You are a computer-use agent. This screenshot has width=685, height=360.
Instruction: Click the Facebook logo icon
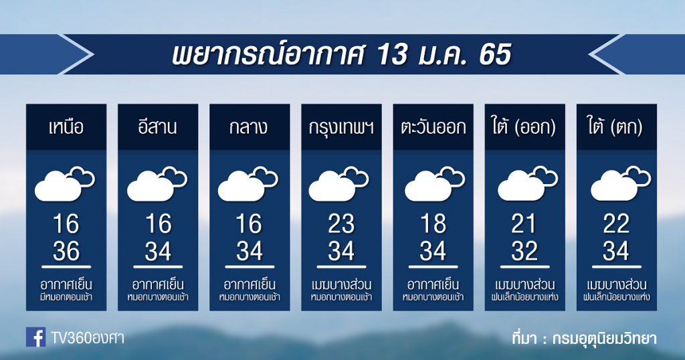35,337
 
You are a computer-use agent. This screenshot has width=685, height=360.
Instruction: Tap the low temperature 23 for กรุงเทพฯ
341,224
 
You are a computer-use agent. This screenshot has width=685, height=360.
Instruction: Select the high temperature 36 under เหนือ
66,252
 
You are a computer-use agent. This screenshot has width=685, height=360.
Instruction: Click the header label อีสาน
158,126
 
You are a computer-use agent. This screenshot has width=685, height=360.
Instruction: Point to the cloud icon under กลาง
248,184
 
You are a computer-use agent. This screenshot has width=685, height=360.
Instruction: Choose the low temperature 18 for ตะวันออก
433,224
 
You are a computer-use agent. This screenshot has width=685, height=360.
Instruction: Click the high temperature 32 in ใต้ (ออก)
524,252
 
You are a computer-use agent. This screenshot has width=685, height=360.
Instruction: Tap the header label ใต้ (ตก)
616,127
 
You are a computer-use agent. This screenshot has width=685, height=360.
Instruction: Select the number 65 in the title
494,55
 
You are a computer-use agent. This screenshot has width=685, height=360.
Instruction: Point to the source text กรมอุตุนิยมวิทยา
604,338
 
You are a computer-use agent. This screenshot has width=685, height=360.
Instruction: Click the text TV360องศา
88,338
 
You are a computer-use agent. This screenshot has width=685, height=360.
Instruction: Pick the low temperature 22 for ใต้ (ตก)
616,224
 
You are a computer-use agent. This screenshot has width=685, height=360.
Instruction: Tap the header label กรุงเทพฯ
341,127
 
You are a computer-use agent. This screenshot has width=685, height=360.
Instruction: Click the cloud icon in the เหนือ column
65,184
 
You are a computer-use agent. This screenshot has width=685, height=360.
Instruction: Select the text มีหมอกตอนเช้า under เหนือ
66,298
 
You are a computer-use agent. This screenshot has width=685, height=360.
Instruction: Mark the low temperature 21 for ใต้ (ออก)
524,224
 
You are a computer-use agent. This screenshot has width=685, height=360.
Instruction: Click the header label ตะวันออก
433,127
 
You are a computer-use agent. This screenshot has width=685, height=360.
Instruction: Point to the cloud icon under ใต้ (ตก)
621,184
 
